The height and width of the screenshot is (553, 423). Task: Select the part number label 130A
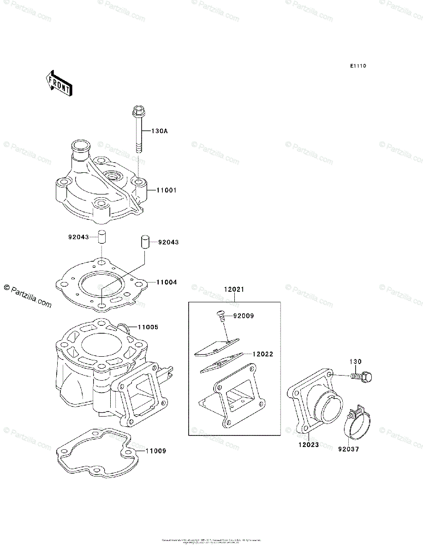[159, 131]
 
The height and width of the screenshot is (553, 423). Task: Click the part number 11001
[154, 190]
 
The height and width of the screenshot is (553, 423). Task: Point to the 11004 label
[154, 282]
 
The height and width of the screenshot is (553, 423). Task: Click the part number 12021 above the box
[234, 289]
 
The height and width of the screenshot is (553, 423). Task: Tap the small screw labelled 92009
[220, 315]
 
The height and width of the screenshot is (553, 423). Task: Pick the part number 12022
[263, 354]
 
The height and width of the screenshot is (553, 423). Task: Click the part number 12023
[308, 445]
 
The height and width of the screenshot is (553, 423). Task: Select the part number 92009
[244, 316]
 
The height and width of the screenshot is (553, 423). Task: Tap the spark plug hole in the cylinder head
[112, 176]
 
